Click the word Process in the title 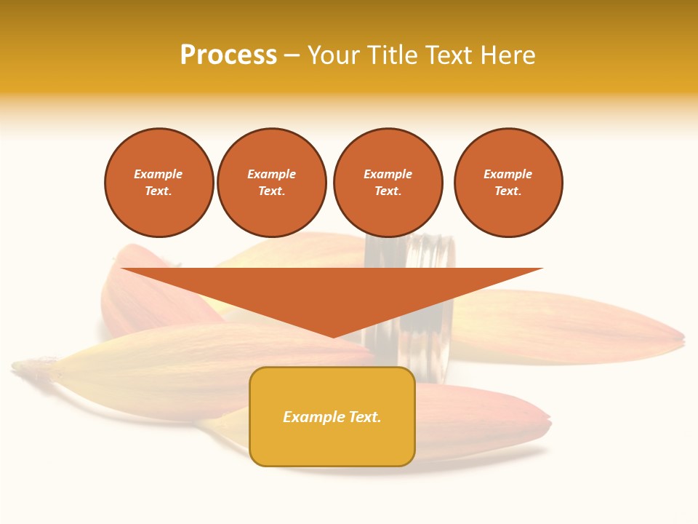coord(228,55)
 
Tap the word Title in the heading coord(390,55)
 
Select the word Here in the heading coord(507,55)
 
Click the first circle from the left coord(159,183)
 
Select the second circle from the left coord(272,183)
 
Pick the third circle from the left coord(388,183)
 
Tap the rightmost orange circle coord(508,183)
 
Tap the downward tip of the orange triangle coord(333,336)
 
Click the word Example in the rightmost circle coord(508,174)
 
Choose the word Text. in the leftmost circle coord(159,191)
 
